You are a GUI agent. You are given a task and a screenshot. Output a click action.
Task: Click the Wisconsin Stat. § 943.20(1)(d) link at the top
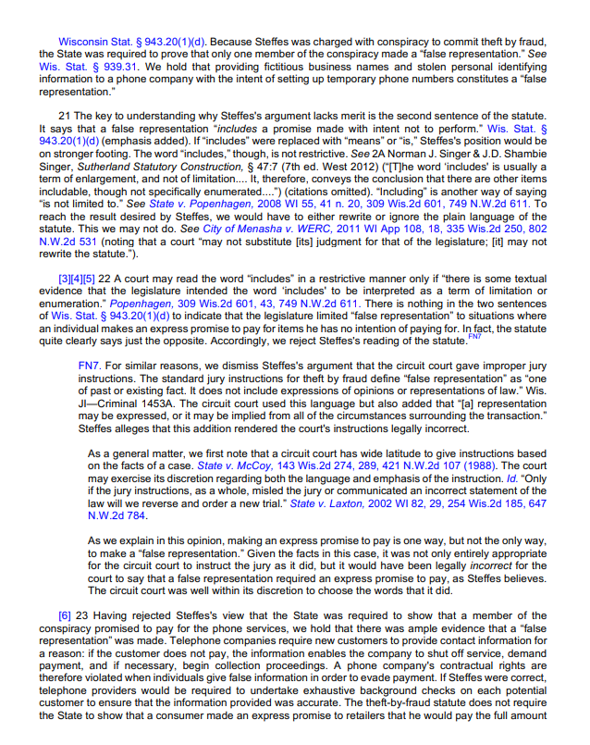[132, 43]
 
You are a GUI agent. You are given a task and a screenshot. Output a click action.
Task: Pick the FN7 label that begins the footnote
[90, 366]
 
